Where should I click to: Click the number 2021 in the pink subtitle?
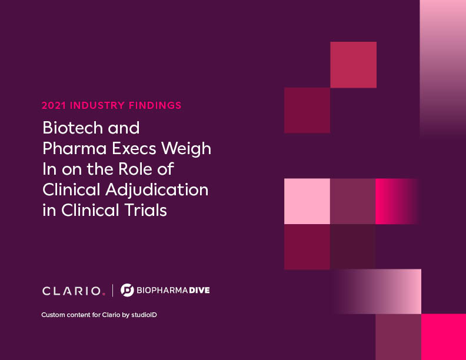(54, 105)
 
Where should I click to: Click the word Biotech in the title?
(73, 128)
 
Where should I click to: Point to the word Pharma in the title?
(75, 148)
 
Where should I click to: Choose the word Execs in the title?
(134, 148)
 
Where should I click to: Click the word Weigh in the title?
(187, 149)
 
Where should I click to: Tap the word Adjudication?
(157, 190)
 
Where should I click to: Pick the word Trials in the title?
(145, 210)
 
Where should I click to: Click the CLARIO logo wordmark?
(72, 291)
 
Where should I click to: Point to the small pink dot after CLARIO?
(104, 294)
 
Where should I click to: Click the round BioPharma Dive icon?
(127, 290)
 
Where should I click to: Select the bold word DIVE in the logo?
(199, 290)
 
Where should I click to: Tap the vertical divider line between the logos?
(112, 291)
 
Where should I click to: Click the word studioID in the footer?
(144, 315)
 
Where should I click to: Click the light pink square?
(307, 201)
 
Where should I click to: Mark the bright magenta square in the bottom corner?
(444, 337)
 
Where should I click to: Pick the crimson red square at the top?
(354, 65)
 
